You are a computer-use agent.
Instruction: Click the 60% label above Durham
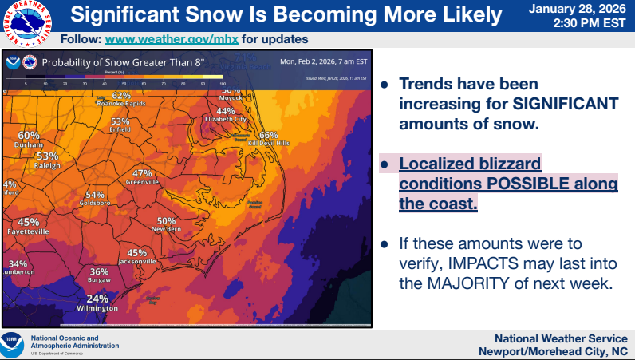(29, 135)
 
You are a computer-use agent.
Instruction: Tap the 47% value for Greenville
(142, 173)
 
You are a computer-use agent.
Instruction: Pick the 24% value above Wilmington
(97, 299)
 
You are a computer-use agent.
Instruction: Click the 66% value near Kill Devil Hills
(268, 135)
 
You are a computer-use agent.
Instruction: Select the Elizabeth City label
(226, 119)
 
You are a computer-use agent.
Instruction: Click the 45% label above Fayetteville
(29, 222)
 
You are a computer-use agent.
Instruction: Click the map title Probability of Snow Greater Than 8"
(124, 61)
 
